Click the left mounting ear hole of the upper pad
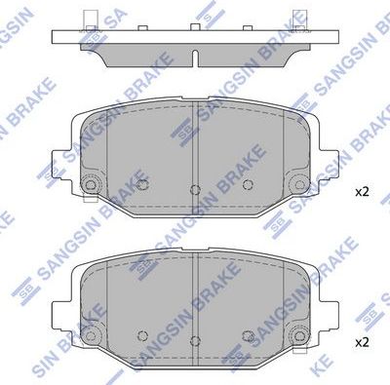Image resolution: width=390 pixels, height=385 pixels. [91, 185]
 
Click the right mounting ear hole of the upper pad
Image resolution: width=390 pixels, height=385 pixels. [301, 185]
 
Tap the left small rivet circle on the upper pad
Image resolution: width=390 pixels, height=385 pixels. [143, 183]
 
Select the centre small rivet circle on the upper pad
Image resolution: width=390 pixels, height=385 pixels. [195, 188]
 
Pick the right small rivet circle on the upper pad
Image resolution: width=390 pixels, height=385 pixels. [248, 183]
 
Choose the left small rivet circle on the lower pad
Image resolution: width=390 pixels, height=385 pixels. [143, 334]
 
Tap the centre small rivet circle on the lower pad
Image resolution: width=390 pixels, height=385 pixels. [195, 339]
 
